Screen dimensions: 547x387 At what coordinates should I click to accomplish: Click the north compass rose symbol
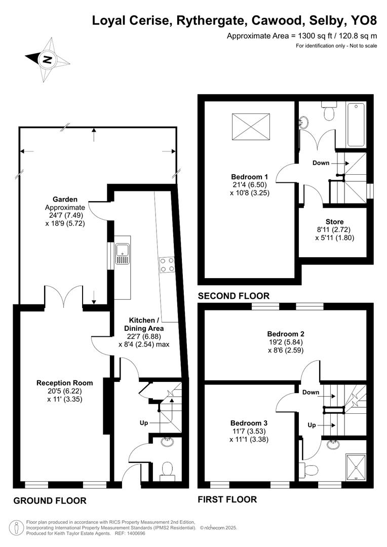[47, 60]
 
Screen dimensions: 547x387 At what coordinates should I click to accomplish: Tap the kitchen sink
[122, 253]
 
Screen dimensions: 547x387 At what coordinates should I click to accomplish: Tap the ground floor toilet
[166, 471]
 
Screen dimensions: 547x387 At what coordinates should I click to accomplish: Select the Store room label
[334, 222]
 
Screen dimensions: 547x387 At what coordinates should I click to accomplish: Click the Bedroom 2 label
[286, 334]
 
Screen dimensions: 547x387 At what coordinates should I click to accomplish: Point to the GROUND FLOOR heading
[50, 500]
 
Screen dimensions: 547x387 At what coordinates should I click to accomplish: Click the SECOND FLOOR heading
[234, 296]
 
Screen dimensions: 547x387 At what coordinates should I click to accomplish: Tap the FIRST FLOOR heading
[227, 499]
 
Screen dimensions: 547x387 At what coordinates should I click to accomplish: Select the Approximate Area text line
[302, 35]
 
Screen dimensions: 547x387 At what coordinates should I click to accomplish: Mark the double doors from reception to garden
[69, 298]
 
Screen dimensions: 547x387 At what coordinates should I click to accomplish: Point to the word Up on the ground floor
[144, 422]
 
